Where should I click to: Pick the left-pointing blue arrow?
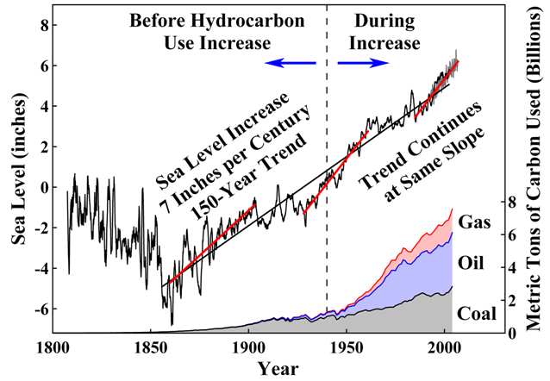pos(291,63)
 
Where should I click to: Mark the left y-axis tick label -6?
pos(33,309)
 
